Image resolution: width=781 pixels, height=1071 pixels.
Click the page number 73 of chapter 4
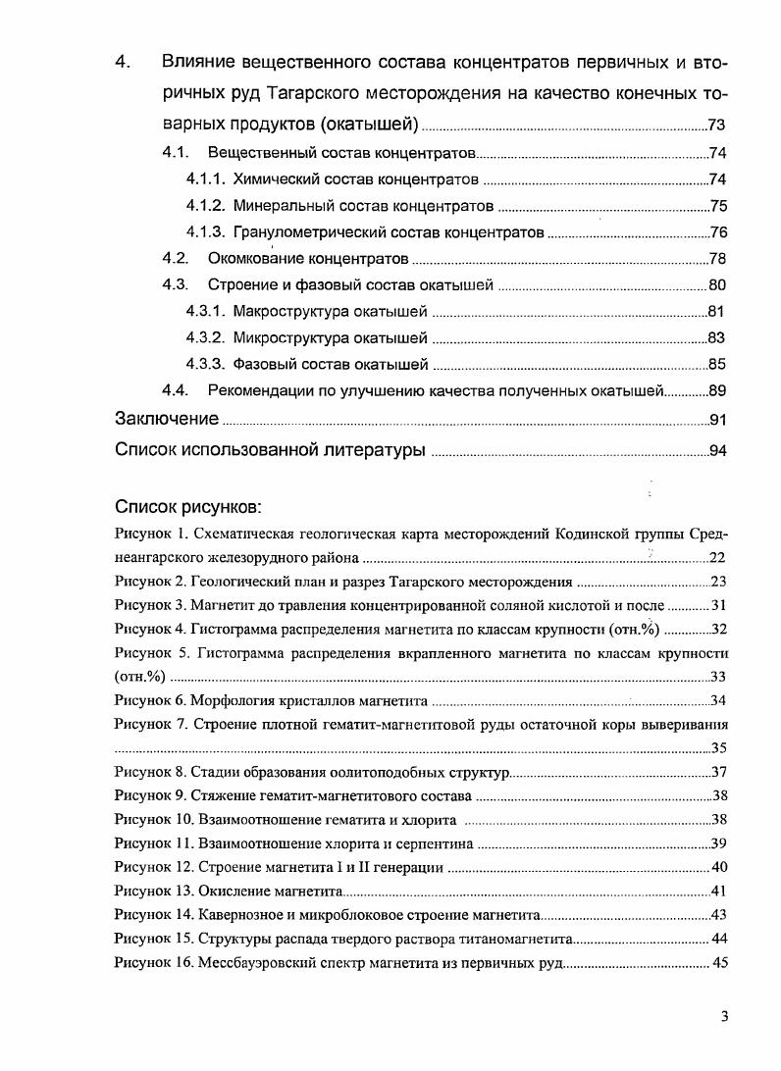pyautogui.click(x=716, y=125)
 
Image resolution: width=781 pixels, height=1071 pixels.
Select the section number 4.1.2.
pyautogui.click(x=206, y=206)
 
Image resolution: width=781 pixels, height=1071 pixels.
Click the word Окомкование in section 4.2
pyautogui.click(x=257, y=259)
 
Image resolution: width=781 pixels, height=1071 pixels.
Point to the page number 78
pyautogui.click(x=716, y=259)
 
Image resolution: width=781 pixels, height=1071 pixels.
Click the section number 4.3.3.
pyautogui.click(x=206, y=365)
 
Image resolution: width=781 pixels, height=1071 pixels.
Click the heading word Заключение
pyautogui.click(x=167, y=420)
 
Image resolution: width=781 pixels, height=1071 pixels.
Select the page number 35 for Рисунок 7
pyautogui.click(x=717, y=748)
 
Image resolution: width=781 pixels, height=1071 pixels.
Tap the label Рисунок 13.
pyautogui.click(x=154, y=891)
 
